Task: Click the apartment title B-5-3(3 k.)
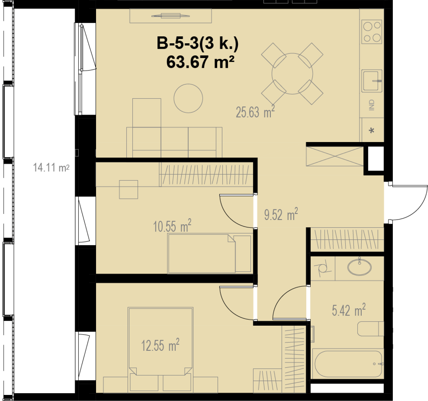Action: point(198,43)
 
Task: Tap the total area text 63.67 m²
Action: point(200,62)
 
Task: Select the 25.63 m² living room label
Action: point(255,112)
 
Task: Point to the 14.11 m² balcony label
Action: point(51,168)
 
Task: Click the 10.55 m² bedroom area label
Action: point(172,226)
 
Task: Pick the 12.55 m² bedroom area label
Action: point(160,345)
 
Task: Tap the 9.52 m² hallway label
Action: point(281,214)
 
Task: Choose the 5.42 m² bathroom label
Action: point(349,310)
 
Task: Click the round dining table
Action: point(292,74)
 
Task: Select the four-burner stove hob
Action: point(372,32)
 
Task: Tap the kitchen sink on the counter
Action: point(372,81)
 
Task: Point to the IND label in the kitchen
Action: point(372,105)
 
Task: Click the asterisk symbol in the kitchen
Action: point(371,130)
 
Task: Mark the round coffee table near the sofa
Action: point(188,98)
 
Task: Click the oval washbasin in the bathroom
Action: point(359,267)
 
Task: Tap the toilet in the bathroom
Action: point(371,329)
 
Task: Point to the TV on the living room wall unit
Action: point(170,16)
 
